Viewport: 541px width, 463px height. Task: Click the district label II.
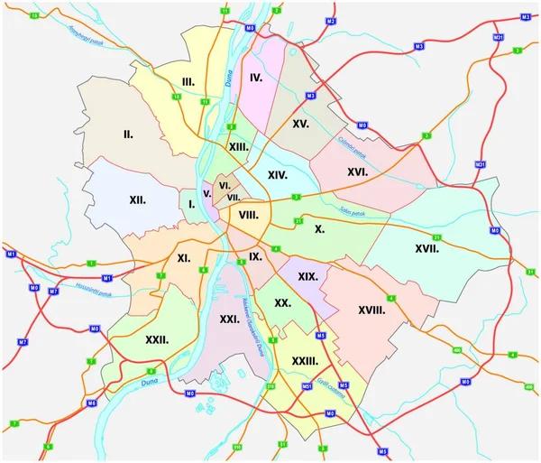128,134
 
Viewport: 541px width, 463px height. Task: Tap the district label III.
188,82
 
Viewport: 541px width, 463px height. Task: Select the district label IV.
256,79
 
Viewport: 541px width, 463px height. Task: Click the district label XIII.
239,147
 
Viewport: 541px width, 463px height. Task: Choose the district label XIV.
277,175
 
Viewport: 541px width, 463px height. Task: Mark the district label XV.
301,122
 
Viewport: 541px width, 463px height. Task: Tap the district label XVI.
357,171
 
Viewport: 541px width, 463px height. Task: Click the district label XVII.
426,248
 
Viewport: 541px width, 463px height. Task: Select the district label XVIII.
371,310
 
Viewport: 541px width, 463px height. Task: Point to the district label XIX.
307,276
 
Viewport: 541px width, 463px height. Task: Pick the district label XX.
282,304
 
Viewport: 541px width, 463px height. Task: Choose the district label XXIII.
305,360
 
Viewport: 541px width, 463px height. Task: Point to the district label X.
319,229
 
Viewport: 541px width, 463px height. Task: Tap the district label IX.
255,257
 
